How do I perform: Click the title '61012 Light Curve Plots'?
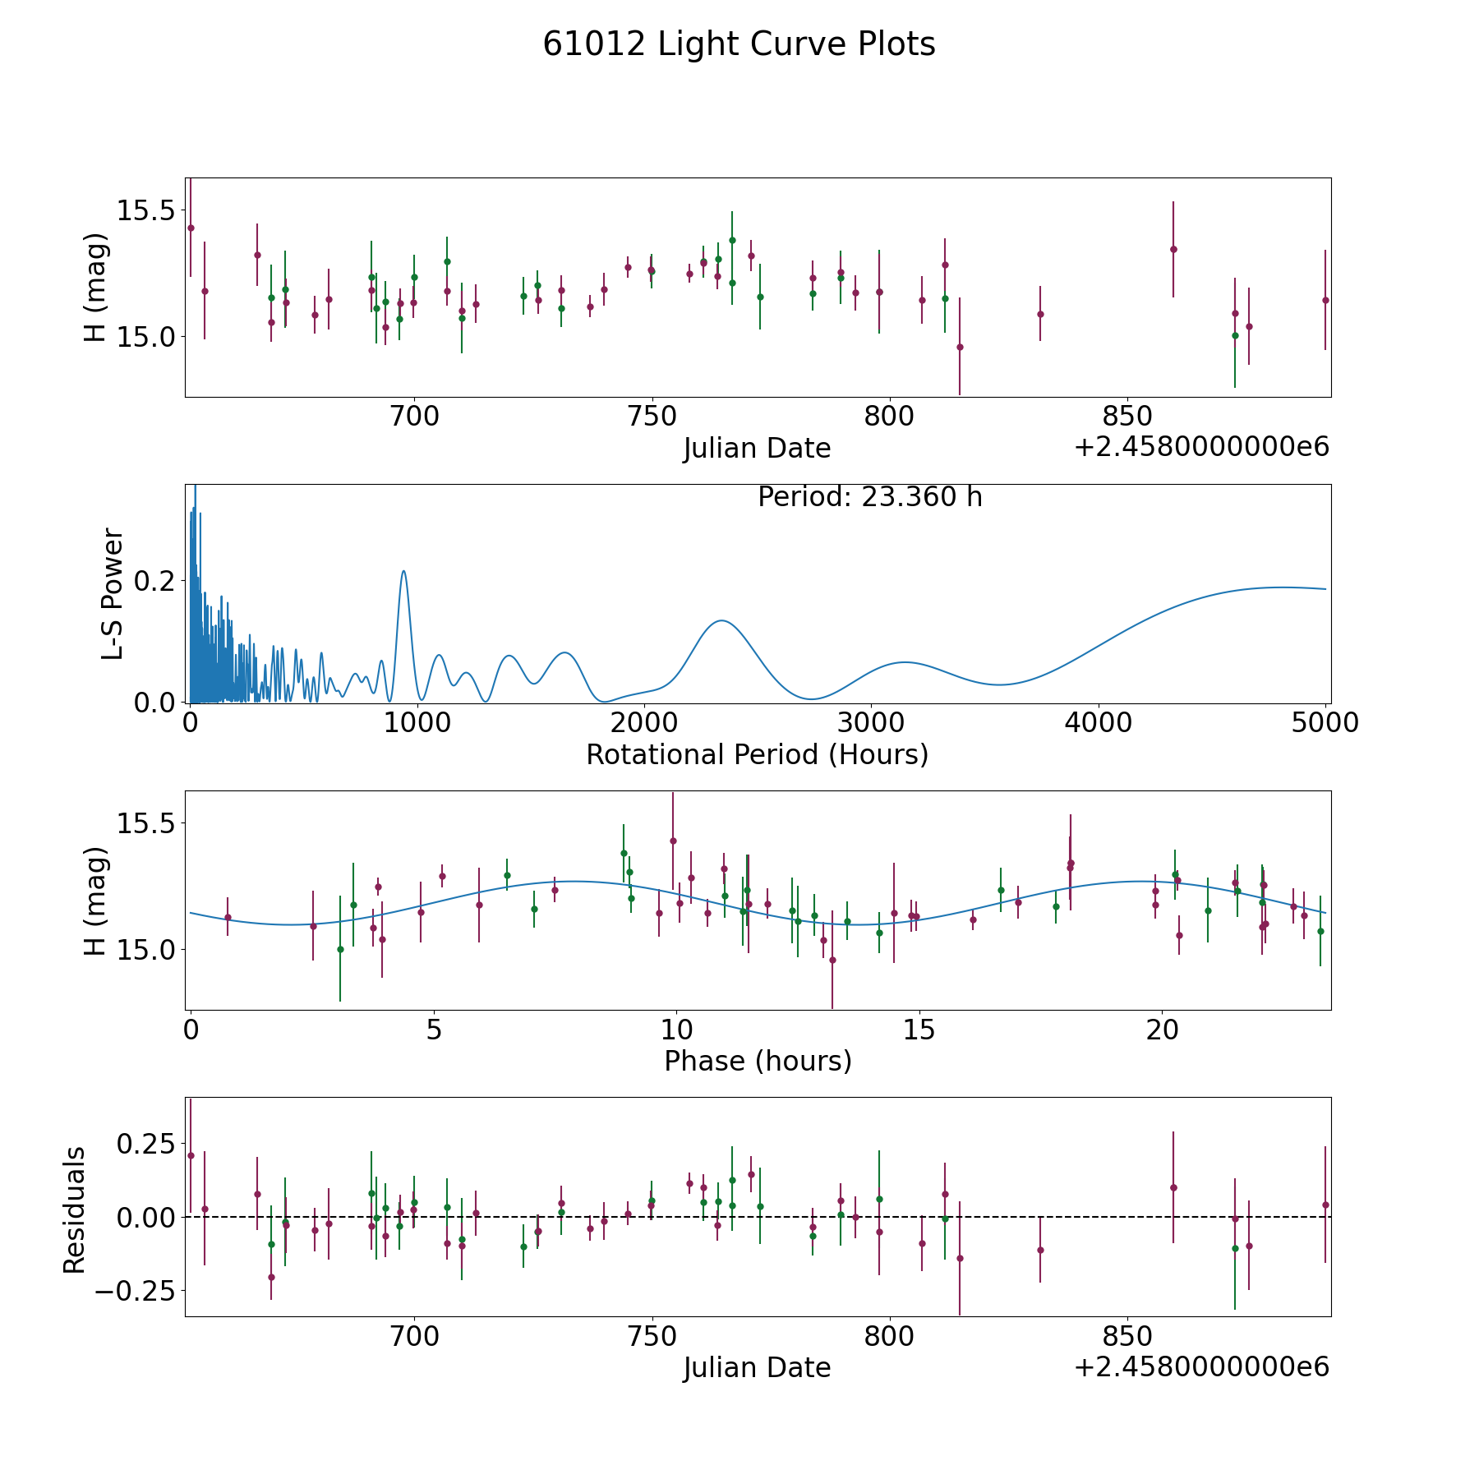point(739,44)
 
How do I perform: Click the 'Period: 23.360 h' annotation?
point(869,497)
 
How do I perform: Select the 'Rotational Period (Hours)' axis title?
point(757,754)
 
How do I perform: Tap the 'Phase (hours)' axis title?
point(757,1061)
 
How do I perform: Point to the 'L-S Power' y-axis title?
point(113,593)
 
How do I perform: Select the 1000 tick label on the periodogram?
point(417,723)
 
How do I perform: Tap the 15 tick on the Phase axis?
point(919,1030)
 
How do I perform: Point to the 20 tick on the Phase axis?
point(1162,1030)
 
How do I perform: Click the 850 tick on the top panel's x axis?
point(1127,417)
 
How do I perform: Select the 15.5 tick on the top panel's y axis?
point(145,211)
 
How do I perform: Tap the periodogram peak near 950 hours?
point(403,571)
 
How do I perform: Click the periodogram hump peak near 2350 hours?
point(721,620)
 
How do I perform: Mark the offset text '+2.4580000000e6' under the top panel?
point(1201,447)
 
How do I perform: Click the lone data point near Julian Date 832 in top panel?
point(1040,314)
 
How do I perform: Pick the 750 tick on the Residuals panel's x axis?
point(652,1336)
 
